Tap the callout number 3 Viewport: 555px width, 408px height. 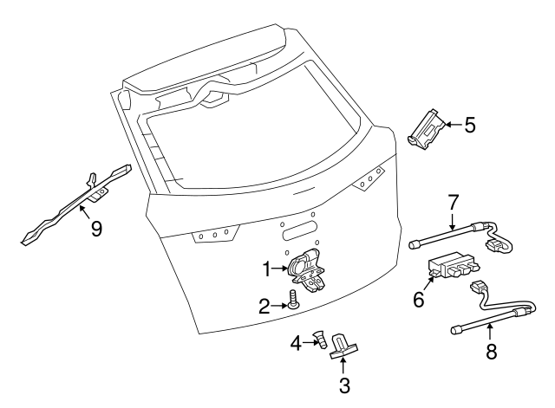344,385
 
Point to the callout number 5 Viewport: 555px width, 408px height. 469,125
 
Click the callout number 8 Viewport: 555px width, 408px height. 491,353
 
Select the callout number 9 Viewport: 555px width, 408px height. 97,229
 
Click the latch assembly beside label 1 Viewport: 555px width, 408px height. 309,269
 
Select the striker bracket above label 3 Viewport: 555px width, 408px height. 344,347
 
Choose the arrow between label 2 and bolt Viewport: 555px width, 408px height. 280,303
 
